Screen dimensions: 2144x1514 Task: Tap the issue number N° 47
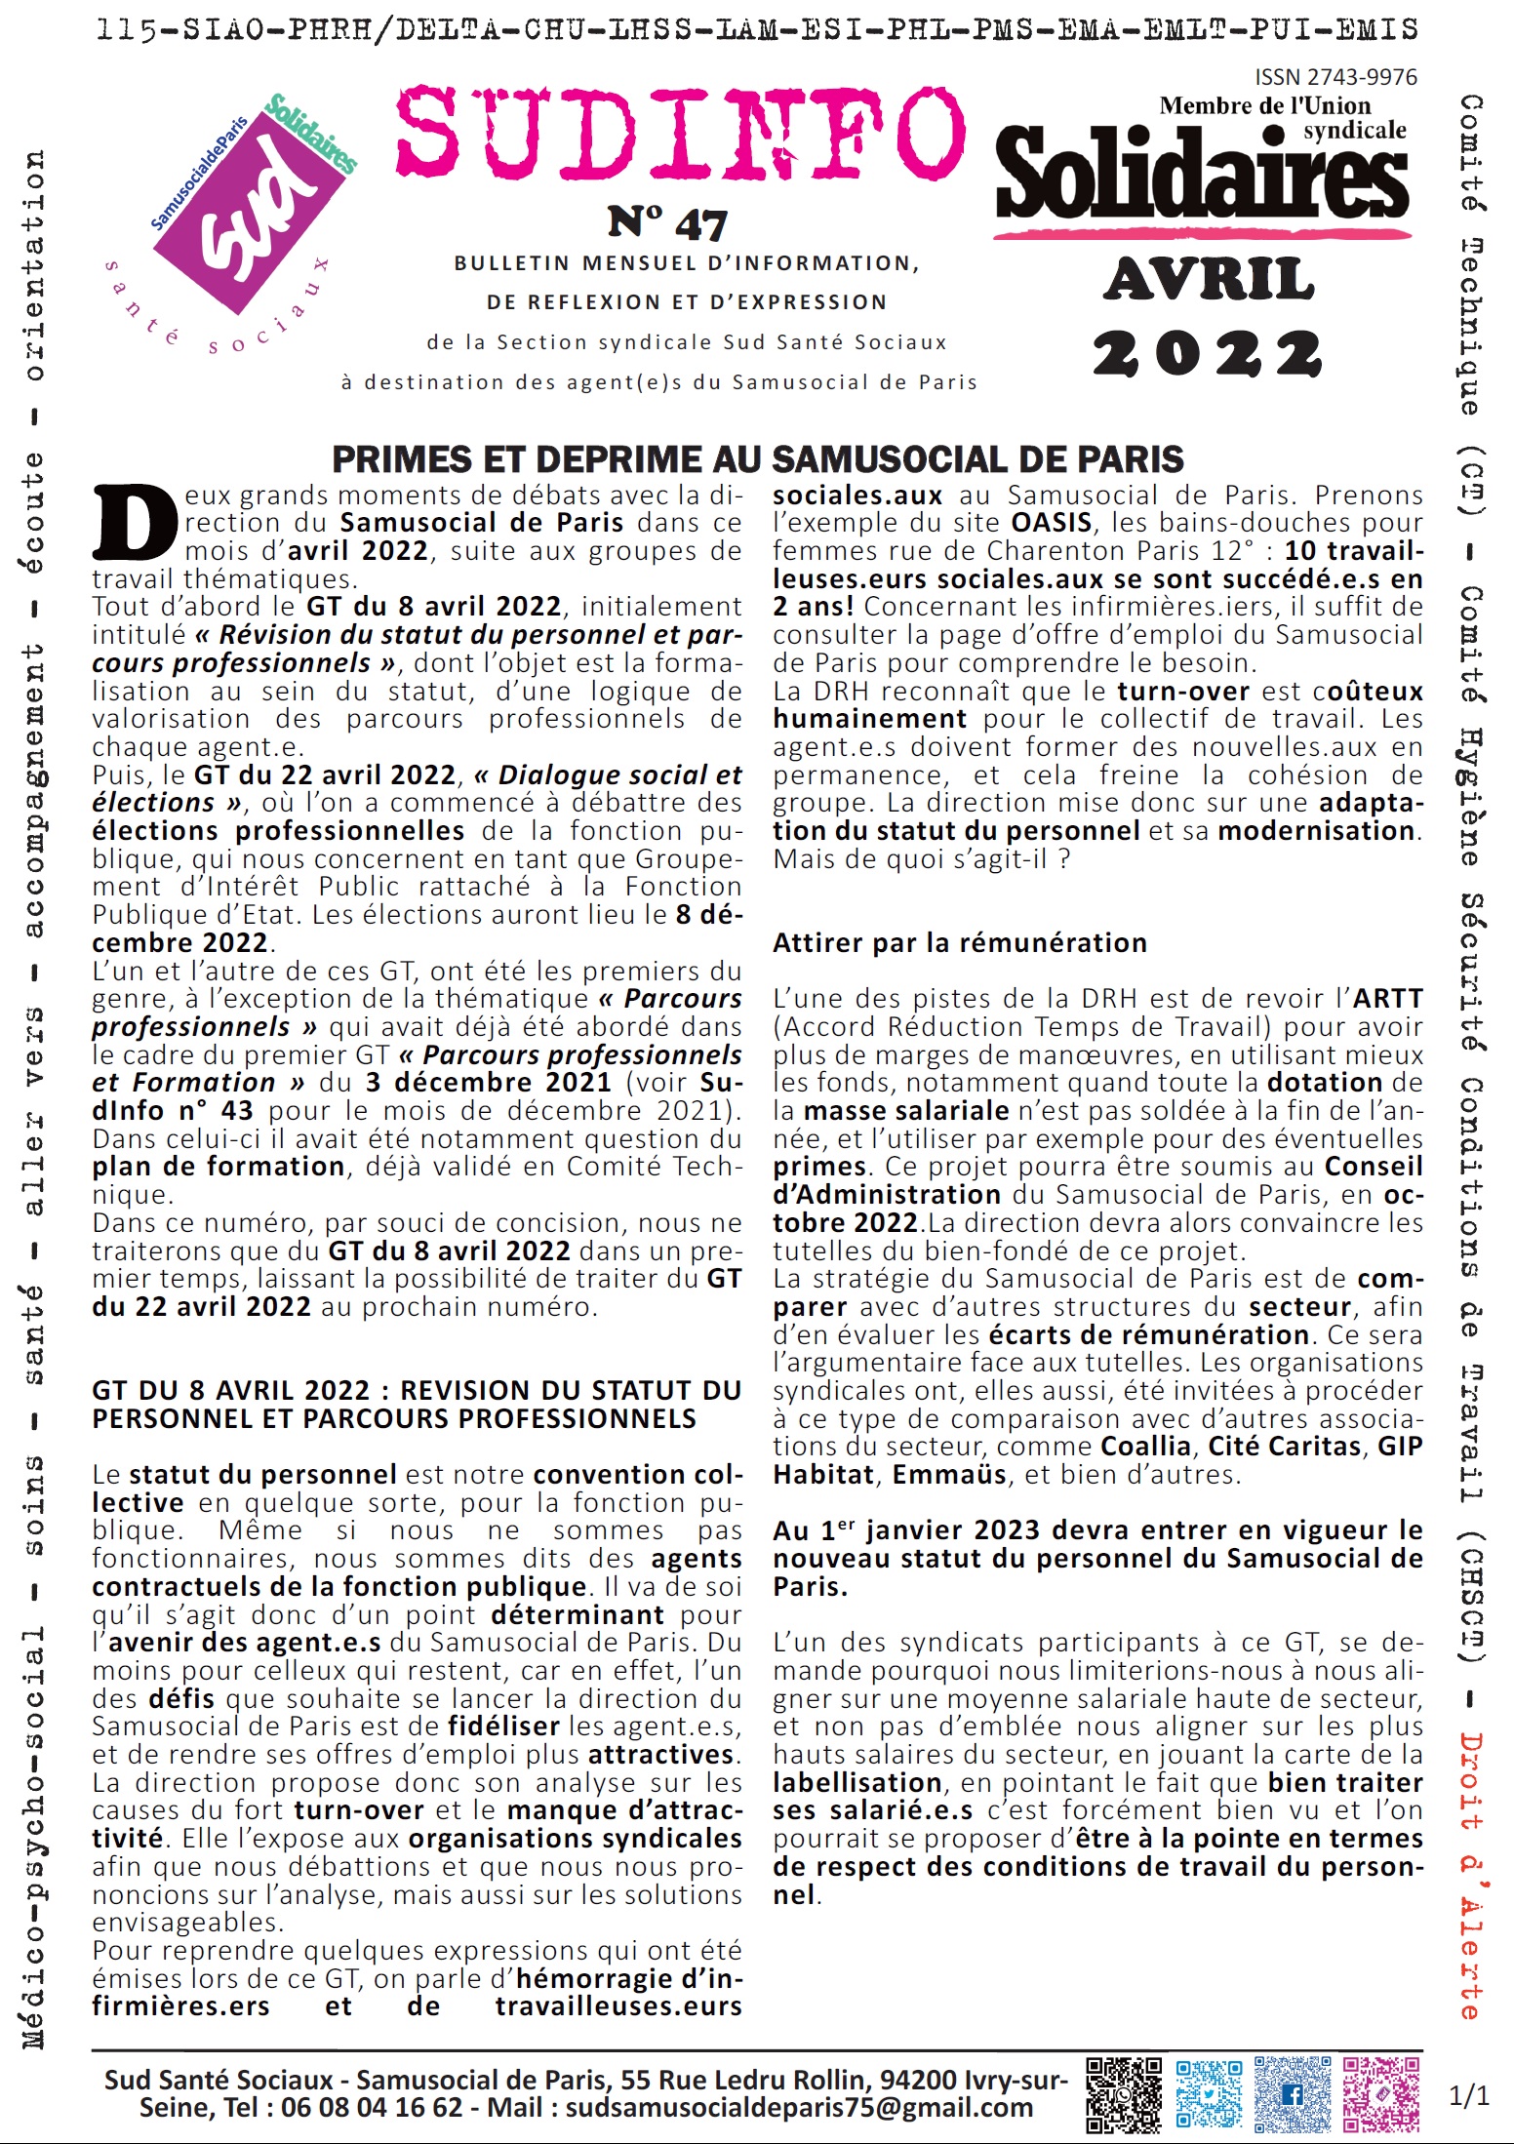tap(667, 224)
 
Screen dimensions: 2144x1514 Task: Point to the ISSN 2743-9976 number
tap(1335, 77)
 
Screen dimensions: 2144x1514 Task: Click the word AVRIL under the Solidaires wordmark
tap(1210, 280)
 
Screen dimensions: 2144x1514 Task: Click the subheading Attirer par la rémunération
tap(960, 943)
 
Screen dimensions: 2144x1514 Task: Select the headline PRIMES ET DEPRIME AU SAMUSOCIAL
tap(757, 459)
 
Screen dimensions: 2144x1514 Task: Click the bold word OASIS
tap(1051, 523)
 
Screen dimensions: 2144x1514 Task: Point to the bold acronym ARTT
tap(1386, 999)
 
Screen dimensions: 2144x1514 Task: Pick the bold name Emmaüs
tap(949, 1474)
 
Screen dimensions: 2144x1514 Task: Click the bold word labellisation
tap(857, 1782)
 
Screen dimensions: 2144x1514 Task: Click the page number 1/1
tap(1469, 2095)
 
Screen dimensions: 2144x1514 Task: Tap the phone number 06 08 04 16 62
tap(371, 2107)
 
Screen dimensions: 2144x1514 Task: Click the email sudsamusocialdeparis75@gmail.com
tap(799, 2107)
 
